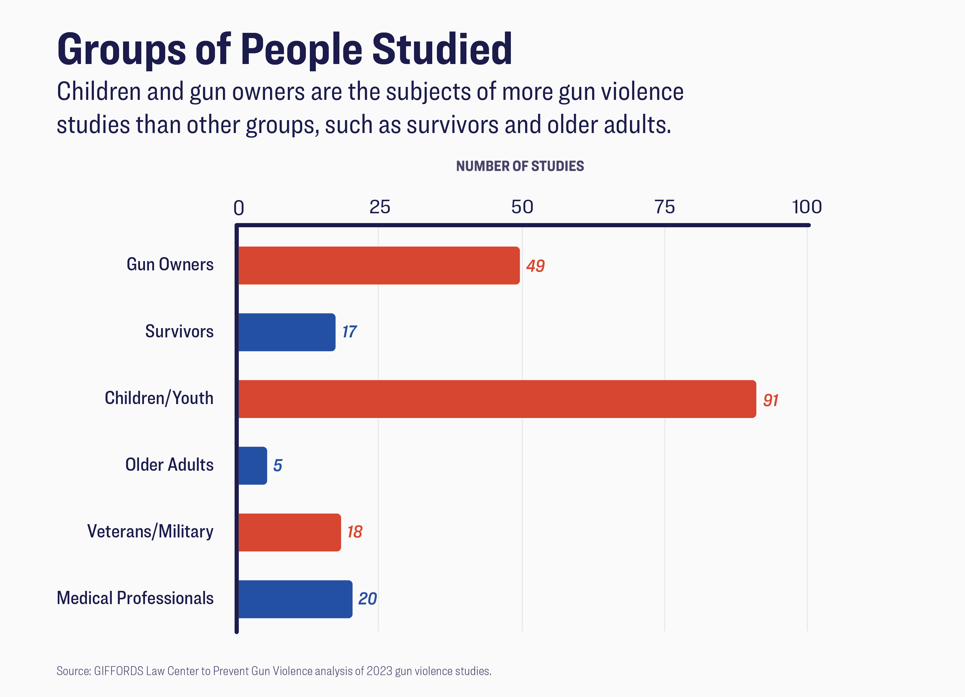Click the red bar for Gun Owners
[x=379, y=265]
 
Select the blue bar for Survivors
[x=287, y=332]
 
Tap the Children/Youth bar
[x=497, y=399]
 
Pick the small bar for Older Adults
[x=253, y=465]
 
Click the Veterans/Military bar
[x=289, y=532]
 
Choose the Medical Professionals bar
[x=295, y=599]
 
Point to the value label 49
[x=535, y=266]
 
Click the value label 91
[x=771, y=400]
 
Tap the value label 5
[x=277, y=465]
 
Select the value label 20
[x=368, y=599]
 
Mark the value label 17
[x=349, y=332]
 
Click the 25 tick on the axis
[x=379, y=207]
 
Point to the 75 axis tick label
[x=664, y=207]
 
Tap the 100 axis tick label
[x=807, y=207]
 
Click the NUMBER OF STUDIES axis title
[x=520, y=166]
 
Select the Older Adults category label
[x=169, y=465]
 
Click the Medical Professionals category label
[x=135, y=598]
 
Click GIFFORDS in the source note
[x=119, y=671]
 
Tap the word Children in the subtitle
[x=99, y=92]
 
